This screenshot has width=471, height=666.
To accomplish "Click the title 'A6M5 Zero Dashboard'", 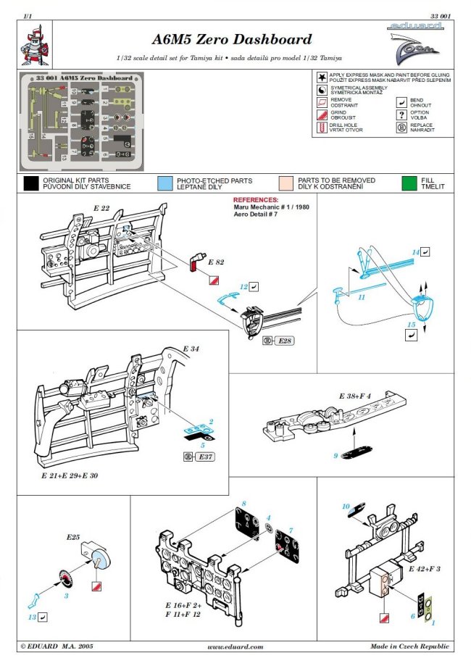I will tap(232, 40).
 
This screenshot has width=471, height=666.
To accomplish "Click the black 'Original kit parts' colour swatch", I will tap(30, 183).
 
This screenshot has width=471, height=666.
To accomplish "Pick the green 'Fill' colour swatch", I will tap(411, 183).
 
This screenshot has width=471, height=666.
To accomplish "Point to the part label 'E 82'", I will tap(216, 261).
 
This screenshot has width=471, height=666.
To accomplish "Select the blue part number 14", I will tap(416, 251).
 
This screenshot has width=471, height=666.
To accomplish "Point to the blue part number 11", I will tap(360, 296).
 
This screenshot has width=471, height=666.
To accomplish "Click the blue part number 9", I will tap(336, 456).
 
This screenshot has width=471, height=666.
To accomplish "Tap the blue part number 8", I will tap(244, 503).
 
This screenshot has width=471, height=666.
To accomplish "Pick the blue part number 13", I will tap(32, 616).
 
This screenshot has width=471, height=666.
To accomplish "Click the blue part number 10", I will tap(346, 505).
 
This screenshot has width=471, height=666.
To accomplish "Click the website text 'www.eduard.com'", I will tap(235, 646).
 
